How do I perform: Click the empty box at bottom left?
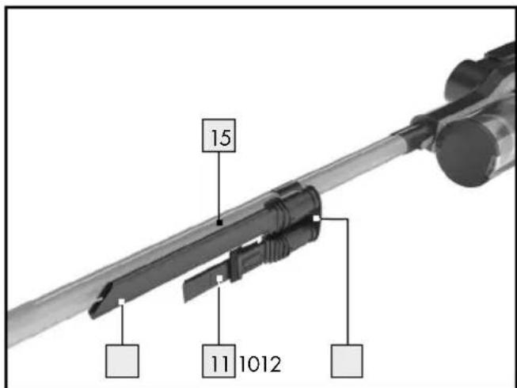click(123, 360)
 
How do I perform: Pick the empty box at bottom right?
click(347, 360)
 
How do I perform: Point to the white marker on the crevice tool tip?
click(122, 302)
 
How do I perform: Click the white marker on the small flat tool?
click(219, 278)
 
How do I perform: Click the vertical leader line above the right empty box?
click(347, 285)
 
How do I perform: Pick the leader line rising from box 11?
click(219, 313)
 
